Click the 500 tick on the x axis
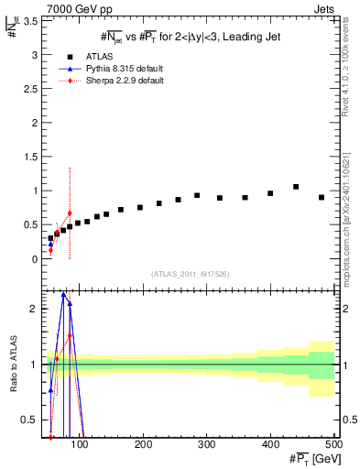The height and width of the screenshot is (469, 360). point(333,445)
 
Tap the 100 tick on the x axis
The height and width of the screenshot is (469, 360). point(81,445)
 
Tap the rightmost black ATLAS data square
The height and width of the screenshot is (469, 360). point(322,197)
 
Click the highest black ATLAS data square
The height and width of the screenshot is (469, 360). point(296,187)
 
